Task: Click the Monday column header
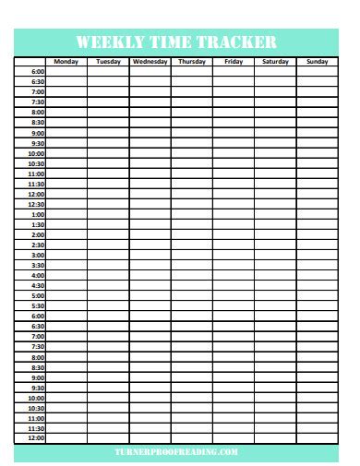66,62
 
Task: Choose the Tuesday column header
108,62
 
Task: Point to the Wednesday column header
150,62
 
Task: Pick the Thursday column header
191,62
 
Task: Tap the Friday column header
234,62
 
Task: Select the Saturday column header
275,62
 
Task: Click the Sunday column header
317,62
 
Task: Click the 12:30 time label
36,205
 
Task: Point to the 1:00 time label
38,215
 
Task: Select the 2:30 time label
38,245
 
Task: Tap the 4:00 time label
38,276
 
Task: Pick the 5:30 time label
38,306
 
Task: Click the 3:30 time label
38,266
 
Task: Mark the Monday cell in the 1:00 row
66,215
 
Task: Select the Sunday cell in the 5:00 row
317,296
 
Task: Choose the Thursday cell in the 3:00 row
191,256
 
